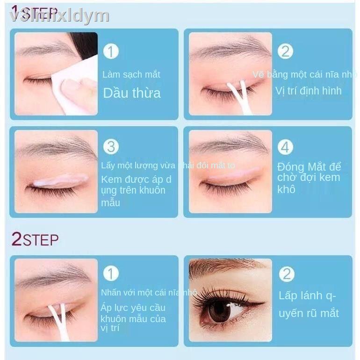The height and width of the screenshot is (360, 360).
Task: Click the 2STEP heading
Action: [35, 239]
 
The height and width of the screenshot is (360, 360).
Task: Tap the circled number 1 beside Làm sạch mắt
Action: [111, 51]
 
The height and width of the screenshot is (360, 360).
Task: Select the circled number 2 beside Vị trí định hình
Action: [285, 51]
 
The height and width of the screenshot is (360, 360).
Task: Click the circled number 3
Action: [111, 146]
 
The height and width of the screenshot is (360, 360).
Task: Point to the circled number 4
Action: [285, 147]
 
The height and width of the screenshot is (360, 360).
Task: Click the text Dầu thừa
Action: [131, 93]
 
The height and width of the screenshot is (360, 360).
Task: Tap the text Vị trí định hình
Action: [308, 91]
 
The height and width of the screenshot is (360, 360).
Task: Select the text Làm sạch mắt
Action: [131, 74]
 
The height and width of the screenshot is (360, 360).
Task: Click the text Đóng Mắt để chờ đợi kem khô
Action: [309, 178]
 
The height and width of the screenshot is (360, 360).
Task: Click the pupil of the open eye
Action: [219, 311]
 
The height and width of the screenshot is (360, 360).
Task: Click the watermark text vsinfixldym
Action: [59, 16]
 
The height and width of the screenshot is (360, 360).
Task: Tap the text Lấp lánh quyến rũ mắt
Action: [308, 304]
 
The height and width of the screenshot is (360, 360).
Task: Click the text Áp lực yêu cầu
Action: [133, 308]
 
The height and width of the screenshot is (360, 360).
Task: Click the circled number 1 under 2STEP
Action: [111, 274]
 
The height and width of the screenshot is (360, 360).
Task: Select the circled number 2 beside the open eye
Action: [286, 274]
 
